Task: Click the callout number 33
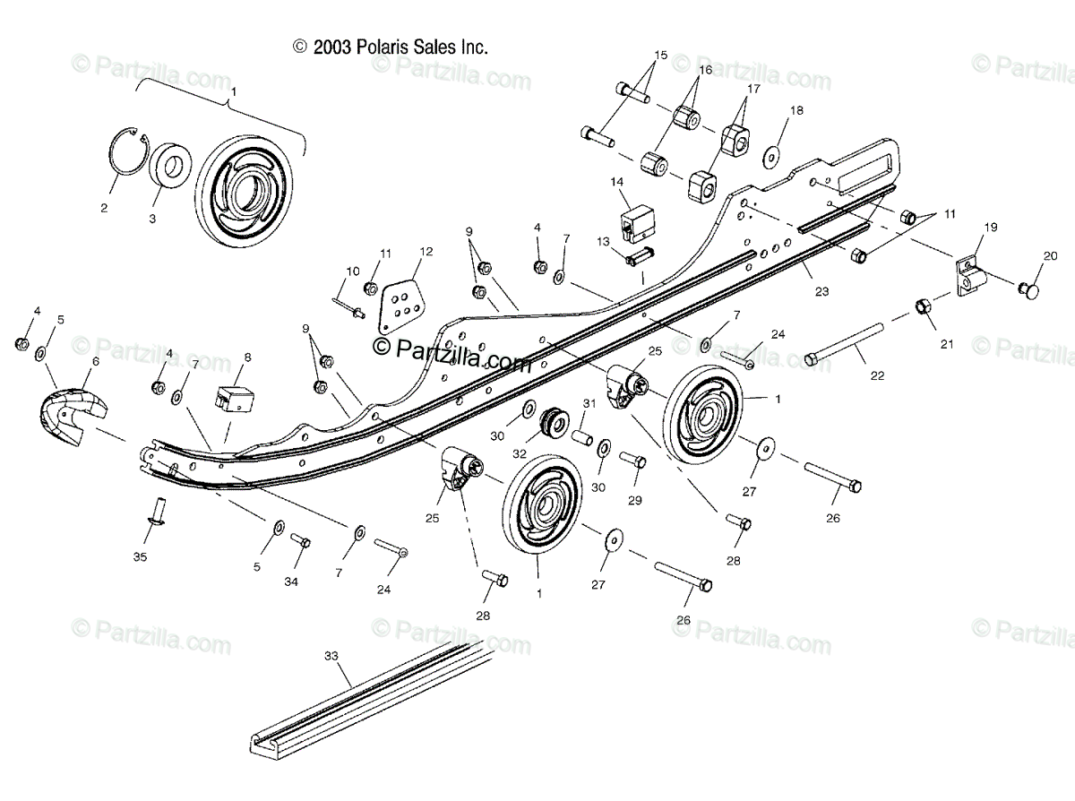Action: coord(331,656)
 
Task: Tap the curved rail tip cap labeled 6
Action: coord(73,416)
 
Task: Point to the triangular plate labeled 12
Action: coord(400,306)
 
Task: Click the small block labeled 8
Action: coord(235,399)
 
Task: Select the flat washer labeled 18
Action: coord(770,157)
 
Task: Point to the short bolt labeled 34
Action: coord(300,540)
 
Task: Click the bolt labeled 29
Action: coord(632,459)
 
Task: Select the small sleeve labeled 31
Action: coord(581,436)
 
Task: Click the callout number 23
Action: coord(822,291)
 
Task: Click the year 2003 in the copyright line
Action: coord(332,47)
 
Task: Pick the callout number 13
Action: coord(603,241)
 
